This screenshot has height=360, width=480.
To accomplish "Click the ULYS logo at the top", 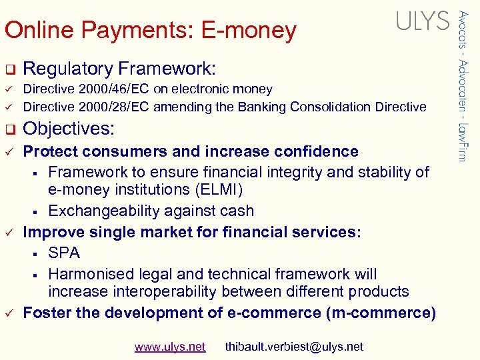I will (x=423, y=21).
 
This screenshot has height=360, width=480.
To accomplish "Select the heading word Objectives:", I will (x=69, y=129).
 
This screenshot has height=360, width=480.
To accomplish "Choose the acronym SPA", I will (x=64, y=253).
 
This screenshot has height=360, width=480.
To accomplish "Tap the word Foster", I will (x=45, y=313).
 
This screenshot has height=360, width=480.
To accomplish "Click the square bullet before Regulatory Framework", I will (x=9, y=69).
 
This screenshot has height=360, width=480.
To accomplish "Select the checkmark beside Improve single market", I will (x=9, y=233).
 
